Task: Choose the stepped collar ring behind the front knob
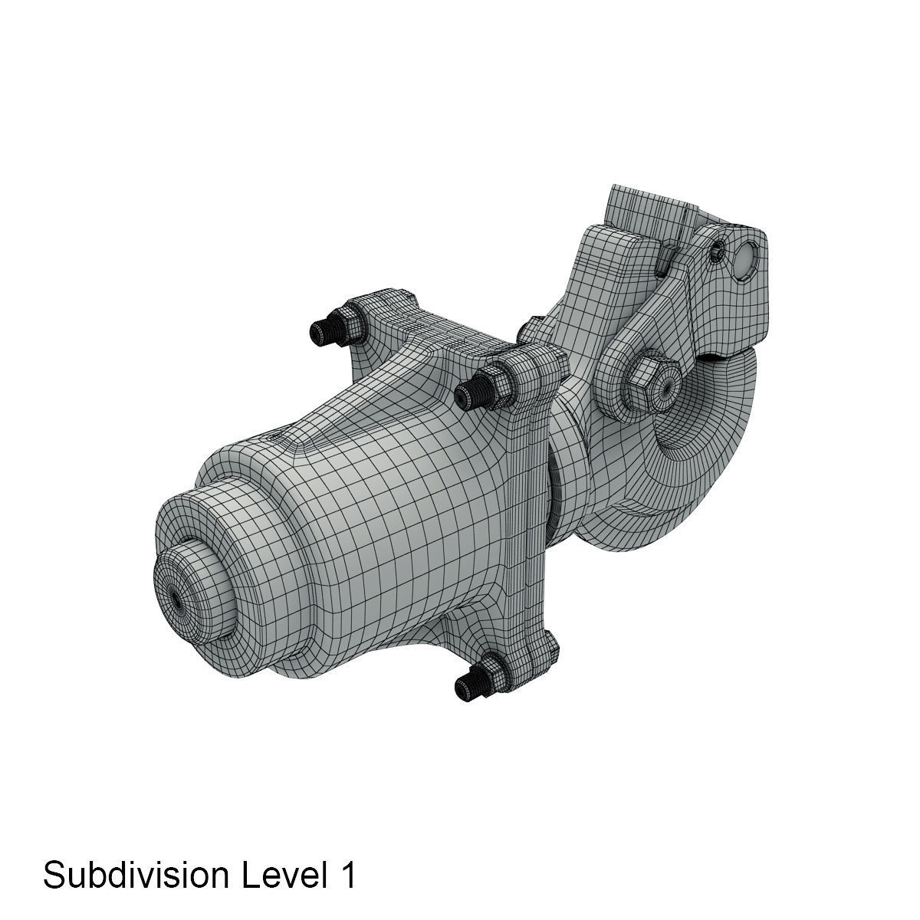click(x=230, y=537)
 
